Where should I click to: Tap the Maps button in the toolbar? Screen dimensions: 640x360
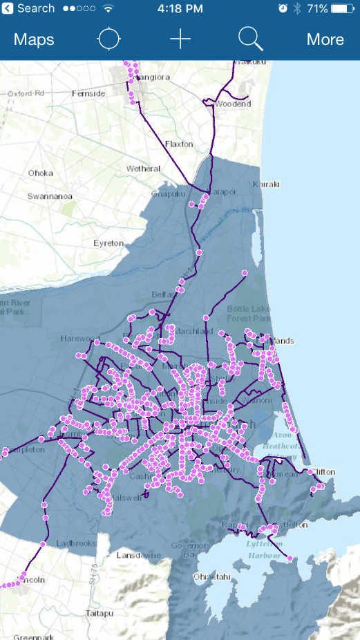click(x=34, y=39)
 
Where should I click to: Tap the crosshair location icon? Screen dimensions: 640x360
click(x=108, y=39)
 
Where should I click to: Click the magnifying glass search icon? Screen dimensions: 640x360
click(x=250, y=39)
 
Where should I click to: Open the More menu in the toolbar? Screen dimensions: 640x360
click(x=325, y=39)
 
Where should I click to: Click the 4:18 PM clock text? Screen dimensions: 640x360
click(x=180, y=9)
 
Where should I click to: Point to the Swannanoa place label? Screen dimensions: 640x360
click(x=50, y=196)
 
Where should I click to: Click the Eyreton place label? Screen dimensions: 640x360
click(x=108, y=243)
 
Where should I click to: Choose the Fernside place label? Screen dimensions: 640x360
click(x=88, y=93)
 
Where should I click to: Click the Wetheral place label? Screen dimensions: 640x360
click(x=143, y=169)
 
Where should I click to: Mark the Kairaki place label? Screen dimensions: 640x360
click(x=266, y=185)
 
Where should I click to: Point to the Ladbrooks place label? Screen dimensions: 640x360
click(x=76, y=543)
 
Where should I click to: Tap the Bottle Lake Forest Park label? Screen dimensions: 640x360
click(x=249, y=312)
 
